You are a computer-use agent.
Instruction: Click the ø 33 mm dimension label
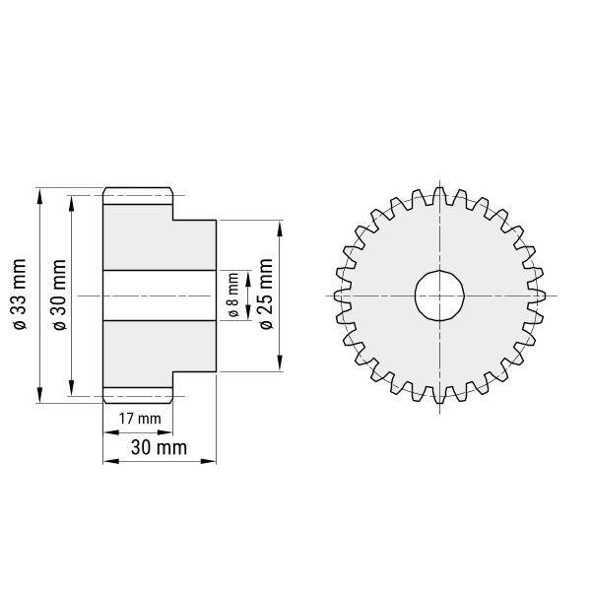20,295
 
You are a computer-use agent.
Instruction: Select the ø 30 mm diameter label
59,295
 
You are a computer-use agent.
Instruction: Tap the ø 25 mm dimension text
266,294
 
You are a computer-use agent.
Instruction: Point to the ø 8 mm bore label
233,295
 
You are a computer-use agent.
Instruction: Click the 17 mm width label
140,419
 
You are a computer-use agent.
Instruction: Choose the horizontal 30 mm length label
159,448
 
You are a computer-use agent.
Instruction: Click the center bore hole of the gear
439,295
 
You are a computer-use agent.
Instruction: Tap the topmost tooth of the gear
439,196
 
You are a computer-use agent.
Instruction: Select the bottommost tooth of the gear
439,395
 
